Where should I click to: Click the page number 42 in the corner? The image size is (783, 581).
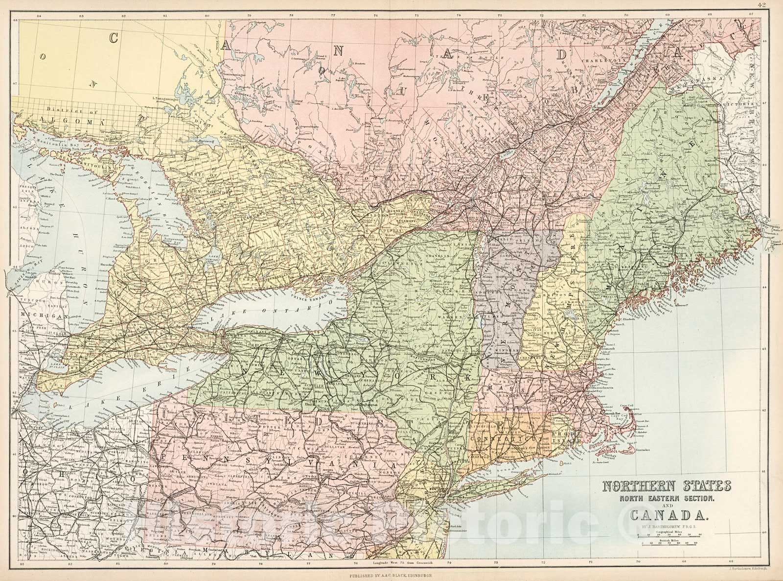(775, 5)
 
